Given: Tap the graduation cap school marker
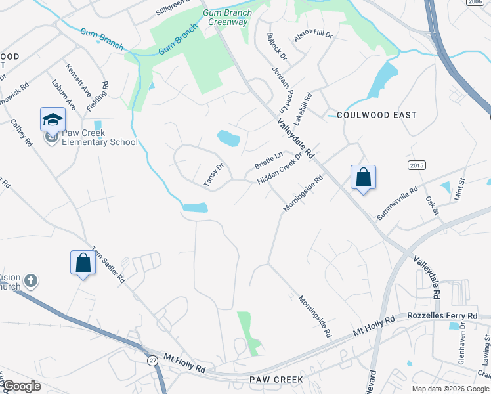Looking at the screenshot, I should (x=53, y=120).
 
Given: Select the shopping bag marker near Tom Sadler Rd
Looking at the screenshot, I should (x=83, y=263).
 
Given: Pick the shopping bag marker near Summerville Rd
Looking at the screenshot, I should (x=363, y=177).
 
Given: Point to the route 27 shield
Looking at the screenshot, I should (x=152, y=360).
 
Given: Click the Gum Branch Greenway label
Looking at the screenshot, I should (x=228, y=17).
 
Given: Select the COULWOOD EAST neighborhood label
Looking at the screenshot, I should (x=376, y=115).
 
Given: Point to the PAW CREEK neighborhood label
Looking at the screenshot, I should (x=276, y=380).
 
